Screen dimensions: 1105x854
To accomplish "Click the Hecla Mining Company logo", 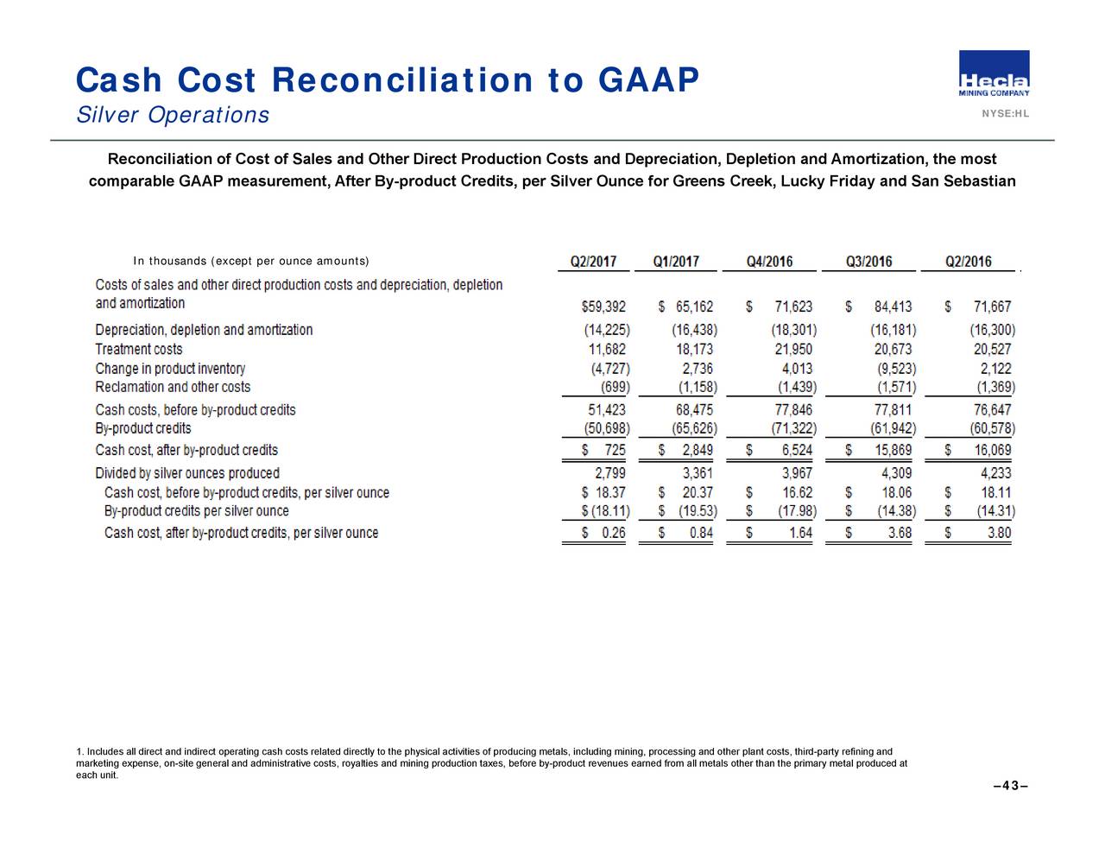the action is pos(994,73).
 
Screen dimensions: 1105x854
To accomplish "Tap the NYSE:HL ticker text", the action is pos(1006,114).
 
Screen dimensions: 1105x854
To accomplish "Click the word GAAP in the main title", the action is pos(648,80).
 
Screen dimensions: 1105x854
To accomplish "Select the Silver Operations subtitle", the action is pos(173,115).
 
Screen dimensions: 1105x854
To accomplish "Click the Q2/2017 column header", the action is pos(593,262).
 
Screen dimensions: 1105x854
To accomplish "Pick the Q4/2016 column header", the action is pos(769,262).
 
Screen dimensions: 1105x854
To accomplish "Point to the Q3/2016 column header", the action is pos(868,262).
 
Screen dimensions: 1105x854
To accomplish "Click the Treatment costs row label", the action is pos(138,350).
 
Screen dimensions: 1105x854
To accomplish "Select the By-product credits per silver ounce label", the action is pos(196,511).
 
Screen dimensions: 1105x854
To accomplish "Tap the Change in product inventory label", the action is pos(170,369).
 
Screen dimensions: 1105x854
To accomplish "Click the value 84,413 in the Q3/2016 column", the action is pos(893,307).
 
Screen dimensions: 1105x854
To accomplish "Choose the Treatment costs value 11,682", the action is pos(607,350).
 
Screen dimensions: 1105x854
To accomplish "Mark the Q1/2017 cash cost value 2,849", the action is pos(698,450).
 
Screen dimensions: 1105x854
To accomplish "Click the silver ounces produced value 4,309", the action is pos(896,473).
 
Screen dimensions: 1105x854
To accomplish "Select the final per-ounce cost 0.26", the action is pos(613,533).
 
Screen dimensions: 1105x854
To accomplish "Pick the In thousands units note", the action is pos(250,261).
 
